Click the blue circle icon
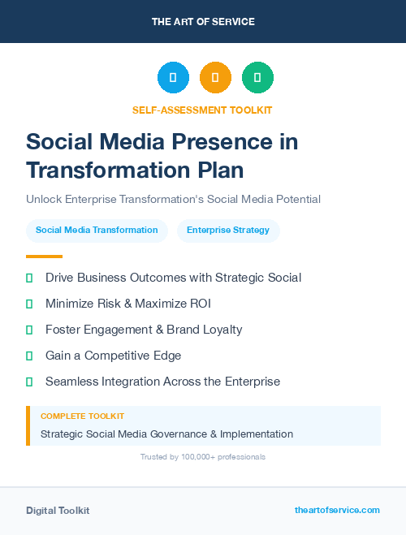coord(173,78)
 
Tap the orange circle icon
coord(215,78)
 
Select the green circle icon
coord(257,78)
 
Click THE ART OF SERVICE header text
coord(203,22)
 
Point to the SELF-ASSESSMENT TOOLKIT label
coord(202,110)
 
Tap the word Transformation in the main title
coord(97,170)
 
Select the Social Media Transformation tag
coord(97,231)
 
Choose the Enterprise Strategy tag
coord(228,231)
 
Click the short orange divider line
coord(39,257)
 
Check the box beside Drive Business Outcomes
coord(29,278)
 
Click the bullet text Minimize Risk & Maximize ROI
coord(132,304)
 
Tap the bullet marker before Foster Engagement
coord(29,330)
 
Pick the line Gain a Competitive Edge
coord(113,356)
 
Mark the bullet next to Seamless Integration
coord(29,382)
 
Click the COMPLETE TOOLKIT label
coord(82,416)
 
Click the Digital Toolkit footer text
coord(58,511)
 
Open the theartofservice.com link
coord(337,510)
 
